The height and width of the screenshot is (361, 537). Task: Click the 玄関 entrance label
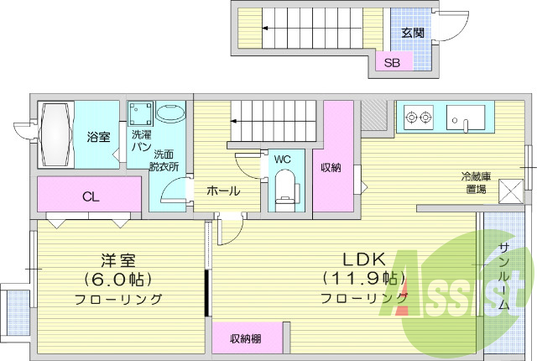412,33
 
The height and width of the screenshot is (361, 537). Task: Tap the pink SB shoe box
392,63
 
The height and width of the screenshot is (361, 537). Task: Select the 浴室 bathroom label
98,137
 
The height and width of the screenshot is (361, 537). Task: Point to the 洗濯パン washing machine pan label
140,140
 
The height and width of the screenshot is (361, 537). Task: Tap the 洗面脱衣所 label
164,160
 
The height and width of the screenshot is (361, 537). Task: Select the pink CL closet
89,197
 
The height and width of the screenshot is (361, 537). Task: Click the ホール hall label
223,191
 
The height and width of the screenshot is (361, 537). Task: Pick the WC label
282,157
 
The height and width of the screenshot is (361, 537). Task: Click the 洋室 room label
118,259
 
